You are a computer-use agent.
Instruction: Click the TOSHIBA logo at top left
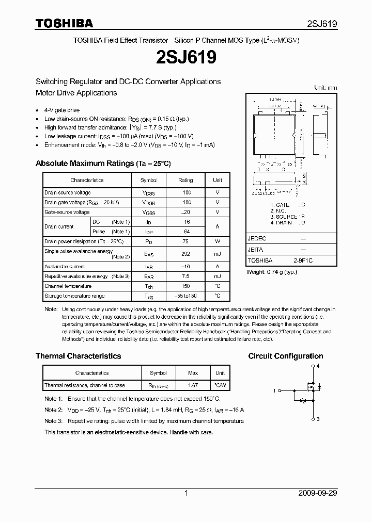pos(64,23)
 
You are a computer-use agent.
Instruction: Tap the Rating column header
pos(185,180)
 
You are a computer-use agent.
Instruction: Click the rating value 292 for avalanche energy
pos(185,254)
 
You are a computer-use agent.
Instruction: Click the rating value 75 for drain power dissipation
pos(185,241)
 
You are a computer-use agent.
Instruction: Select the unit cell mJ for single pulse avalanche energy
pos(218,254)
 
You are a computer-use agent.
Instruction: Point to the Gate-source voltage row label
pos(67,212)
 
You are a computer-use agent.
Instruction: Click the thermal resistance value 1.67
pos(193,385)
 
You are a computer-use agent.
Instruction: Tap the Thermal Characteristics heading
pos(78,356)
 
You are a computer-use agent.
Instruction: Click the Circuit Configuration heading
pos(286,356)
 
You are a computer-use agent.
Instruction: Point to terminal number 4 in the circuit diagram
pos(318,366)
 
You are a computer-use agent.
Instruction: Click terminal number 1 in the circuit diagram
pos(274,390)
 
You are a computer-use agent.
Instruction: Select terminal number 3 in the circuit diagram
pos(318,419)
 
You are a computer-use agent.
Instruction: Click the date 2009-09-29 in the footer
pos(318,493)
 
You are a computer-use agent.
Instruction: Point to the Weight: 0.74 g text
pos(271,271)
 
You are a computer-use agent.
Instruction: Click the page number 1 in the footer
pos(186,493)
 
